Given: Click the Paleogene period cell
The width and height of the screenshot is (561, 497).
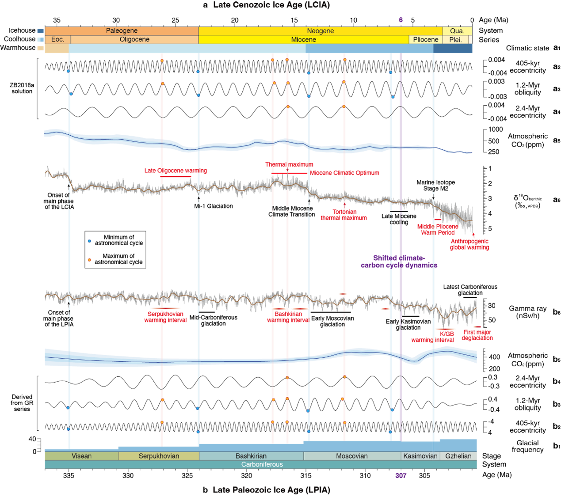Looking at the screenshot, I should click(122, 31).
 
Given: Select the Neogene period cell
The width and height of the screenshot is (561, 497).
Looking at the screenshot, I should click(321, 31).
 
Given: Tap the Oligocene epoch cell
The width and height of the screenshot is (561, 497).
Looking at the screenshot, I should click(134, 40).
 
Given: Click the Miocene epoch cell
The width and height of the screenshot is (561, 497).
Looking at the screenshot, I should click(304, 40).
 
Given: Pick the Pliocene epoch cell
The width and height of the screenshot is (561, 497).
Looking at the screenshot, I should click(426, 40).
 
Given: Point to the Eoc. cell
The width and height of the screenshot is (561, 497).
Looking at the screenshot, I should click(57, 40).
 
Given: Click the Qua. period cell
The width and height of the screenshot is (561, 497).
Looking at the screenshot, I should click(457, 31).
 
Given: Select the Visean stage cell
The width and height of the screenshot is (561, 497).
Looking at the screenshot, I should click(81, 456).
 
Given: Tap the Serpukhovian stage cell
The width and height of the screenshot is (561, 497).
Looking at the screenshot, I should click(159, 456).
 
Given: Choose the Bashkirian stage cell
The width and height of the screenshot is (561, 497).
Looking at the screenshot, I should click(251, 456).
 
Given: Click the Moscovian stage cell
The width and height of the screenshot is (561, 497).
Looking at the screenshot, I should click(352, 456).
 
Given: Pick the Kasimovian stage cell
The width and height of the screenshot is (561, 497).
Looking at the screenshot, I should click(420, 456).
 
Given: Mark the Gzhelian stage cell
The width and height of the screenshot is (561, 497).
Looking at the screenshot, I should click(458, 456).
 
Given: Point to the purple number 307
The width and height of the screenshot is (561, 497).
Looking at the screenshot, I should click(401, 476).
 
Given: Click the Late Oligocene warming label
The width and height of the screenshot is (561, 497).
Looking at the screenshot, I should click(176, 171).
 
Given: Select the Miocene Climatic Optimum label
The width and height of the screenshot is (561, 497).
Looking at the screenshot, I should click(344, 173).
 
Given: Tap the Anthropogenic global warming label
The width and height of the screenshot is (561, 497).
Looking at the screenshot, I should click(469, 244).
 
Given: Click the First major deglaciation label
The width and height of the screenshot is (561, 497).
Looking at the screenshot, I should click(477, 335).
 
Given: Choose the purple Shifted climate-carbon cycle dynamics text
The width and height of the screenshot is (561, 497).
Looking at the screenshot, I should click(399, 262).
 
